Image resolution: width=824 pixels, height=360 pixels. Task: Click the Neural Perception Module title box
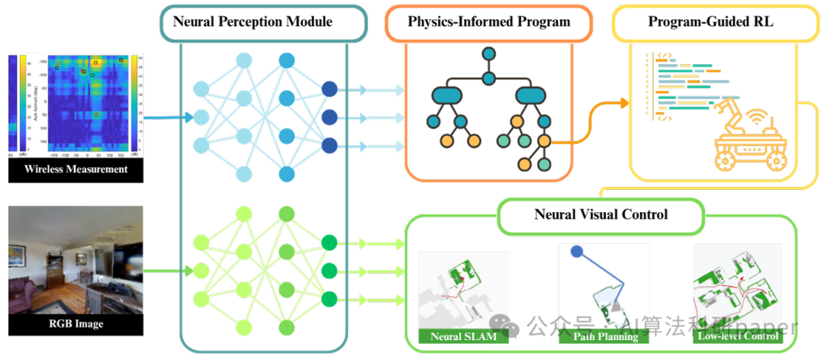click(x=253, y=21)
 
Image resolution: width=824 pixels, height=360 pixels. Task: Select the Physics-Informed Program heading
click(x=488, y=21)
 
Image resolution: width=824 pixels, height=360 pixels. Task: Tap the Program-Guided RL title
click(x=710, y=21)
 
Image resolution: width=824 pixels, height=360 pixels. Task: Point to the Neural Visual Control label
click(x=600, y=214)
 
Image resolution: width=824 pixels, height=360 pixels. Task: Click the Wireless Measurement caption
click(x=76, y=169)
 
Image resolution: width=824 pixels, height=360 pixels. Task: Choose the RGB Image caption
click(x=76, y=324)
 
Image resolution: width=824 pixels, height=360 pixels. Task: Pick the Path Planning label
click(x=605, y=336)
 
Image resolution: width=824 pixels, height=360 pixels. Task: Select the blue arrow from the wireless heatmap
click(x=168, y=117)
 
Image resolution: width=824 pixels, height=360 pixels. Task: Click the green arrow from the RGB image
click(x=168, y=270)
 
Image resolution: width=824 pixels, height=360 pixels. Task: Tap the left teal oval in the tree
click(x=446, y=95)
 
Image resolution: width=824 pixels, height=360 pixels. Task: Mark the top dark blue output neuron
click(x=330, y=89)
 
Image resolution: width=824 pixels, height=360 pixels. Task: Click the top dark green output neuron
click(x=330, y=243)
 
